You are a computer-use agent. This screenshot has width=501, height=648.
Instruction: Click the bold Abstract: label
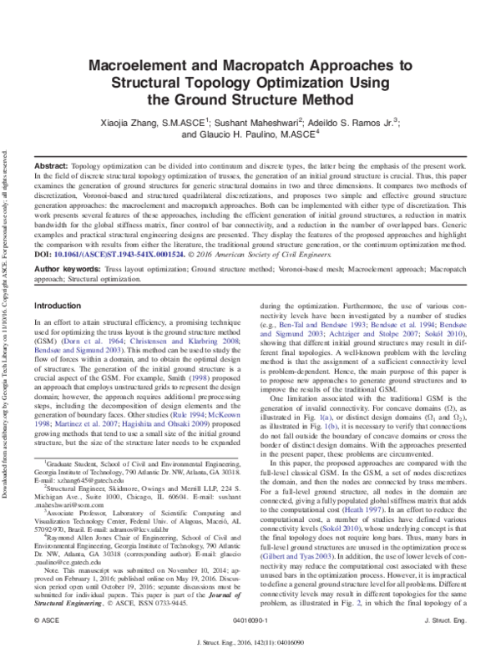coord(51,167)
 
